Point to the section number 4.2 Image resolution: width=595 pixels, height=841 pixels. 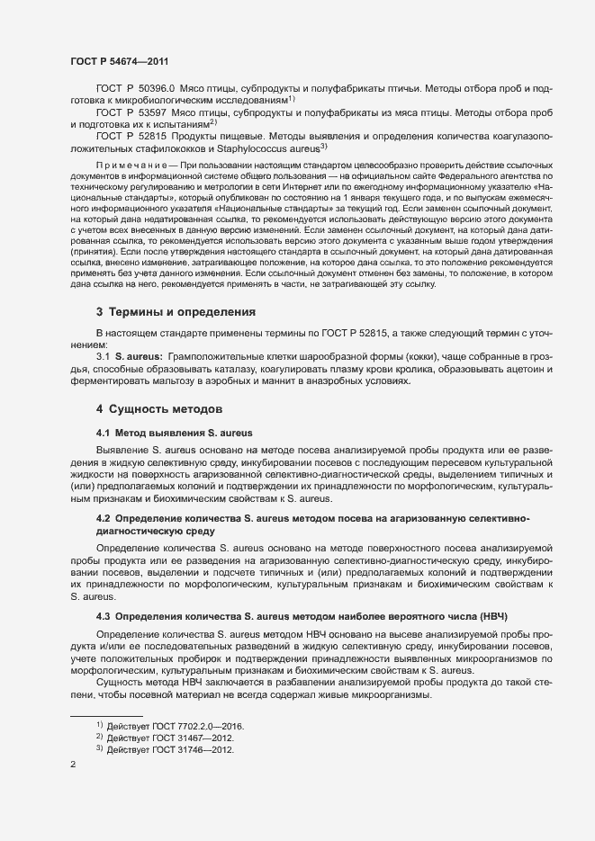click(103, 519)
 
